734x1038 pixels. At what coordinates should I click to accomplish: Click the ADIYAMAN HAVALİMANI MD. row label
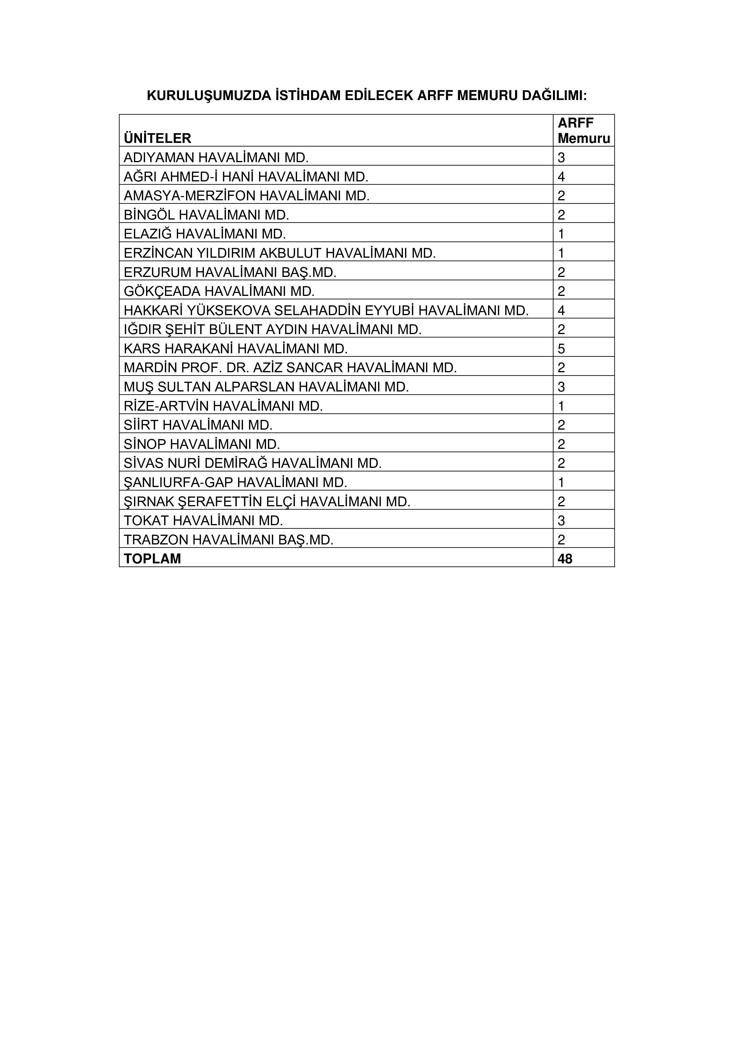216,158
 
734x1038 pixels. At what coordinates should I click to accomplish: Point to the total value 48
565,559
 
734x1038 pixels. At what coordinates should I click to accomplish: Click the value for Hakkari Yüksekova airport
561,311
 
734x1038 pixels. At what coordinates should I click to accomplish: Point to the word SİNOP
145,444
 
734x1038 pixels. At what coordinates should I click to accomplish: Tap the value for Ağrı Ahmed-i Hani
561,177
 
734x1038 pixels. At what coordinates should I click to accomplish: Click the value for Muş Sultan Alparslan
561,387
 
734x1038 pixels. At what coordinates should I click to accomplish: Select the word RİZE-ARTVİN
166,407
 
